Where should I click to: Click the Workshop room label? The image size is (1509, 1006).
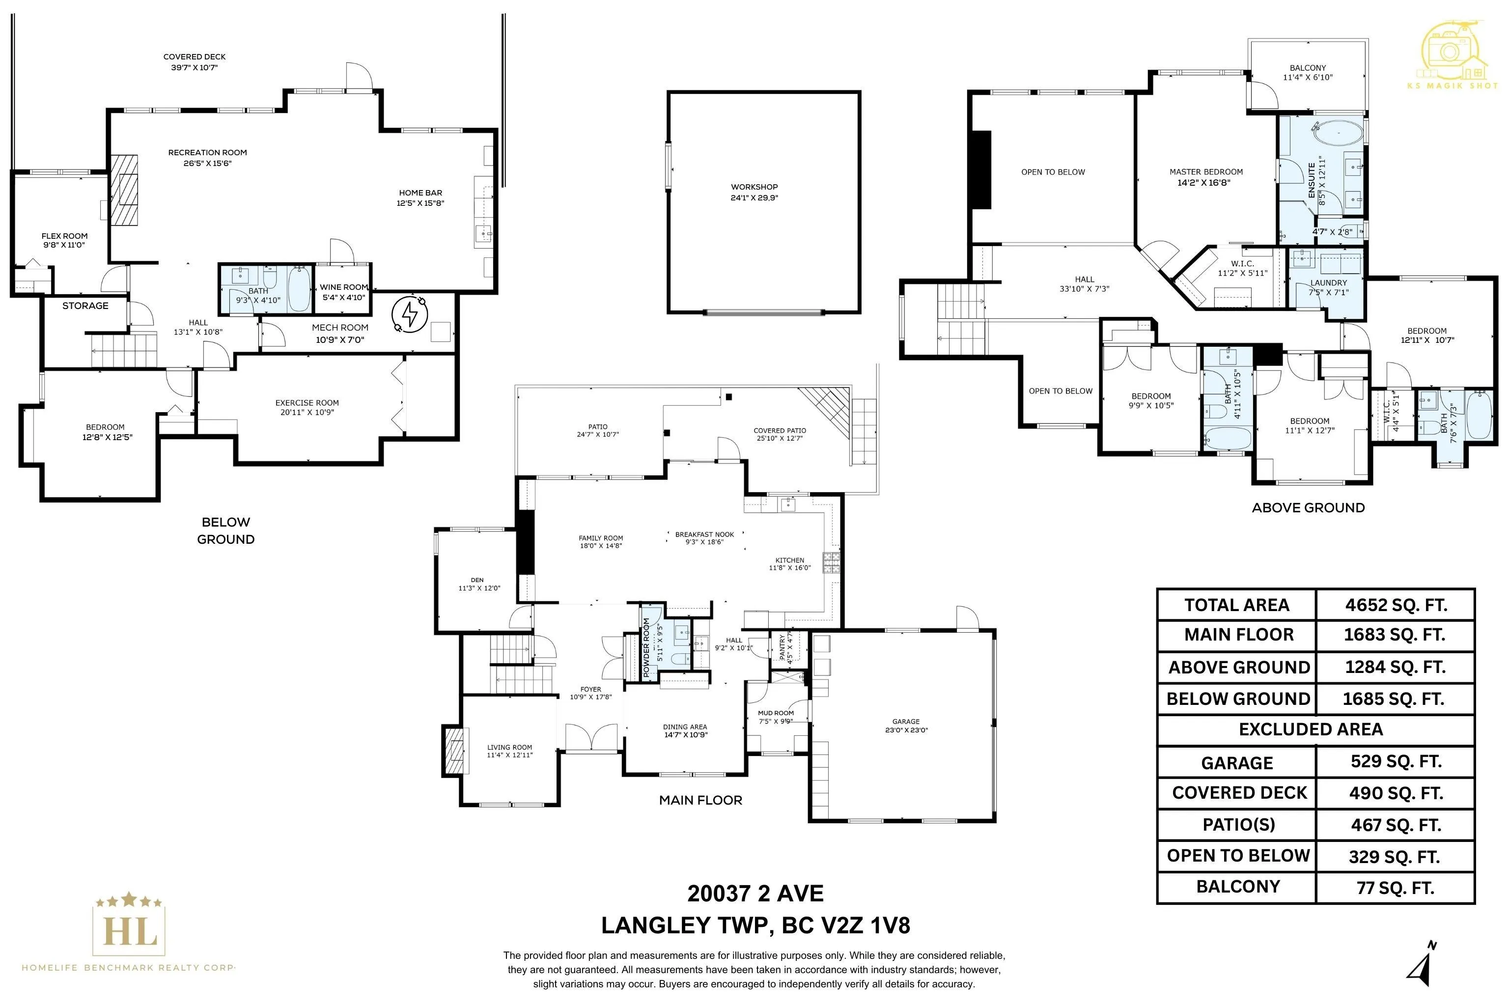click(x=754, y=187)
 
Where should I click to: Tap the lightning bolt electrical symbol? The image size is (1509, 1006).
click(x=409, y=314)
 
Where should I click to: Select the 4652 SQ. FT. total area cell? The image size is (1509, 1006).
click(x=1396, y=605)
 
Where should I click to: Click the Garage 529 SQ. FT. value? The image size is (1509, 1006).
click(x=1396, y=761)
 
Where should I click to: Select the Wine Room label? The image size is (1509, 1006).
click(x=344, y=287)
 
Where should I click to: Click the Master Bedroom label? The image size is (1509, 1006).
click(x=1206, y=172)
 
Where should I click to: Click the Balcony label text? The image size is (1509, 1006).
click(x=1308, y=68)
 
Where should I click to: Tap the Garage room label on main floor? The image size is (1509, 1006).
click(x=906, y=721)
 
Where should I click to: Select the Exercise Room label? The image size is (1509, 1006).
click(x=307, y=403)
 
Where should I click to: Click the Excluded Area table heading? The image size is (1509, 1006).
click(x=1311, y=729)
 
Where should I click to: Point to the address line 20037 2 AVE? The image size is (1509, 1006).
click(x=755, y=894)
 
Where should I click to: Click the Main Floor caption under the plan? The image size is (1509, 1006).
click(x=700, y=800)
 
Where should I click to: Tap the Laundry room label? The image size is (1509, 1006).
click(x=1329, y=283)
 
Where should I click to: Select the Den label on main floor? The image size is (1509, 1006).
click(x=477, y=580)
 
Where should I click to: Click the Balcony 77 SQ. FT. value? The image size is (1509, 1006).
click(x=1396, y=888)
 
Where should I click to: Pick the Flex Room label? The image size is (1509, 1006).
click(x=65, y=236)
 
